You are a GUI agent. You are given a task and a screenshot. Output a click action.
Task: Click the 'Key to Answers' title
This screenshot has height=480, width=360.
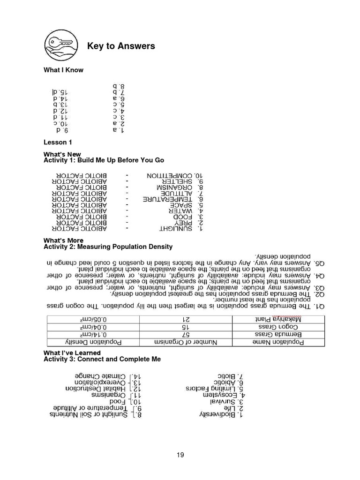(x=121, y=46)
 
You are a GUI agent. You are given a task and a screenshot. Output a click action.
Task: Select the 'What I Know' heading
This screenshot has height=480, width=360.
(x=63, y=70)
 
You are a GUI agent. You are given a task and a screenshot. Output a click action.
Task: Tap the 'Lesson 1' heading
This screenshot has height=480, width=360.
(x=57, y=141)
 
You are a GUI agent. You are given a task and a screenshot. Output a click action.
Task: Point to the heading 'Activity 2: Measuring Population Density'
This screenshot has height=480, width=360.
(x=108, y=247)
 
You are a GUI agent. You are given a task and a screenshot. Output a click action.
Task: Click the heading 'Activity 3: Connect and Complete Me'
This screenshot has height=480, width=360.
(x=102, y=359)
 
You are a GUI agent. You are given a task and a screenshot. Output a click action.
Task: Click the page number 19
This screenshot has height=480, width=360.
(x=180, y=454)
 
